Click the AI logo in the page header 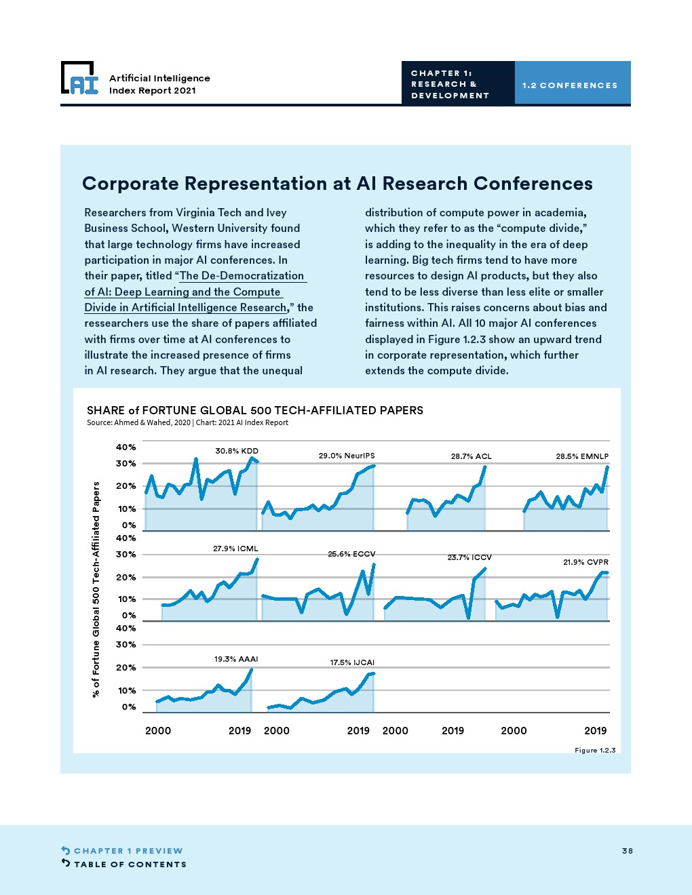click(x=80, y=78)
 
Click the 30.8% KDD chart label click(x=237, y=451)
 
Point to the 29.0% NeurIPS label click(x=347, y=456)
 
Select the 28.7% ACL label click(x=471, y=456)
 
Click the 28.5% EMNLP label click(x=582, y=456)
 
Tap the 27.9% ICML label click(x=235, y=549)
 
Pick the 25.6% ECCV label click(x=351, y=555)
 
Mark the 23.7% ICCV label click(x=470, y=557)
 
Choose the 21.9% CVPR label click(x=585, y=562)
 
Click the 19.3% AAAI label click(x=235, y=659)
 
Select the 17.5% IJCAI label click(x=352, y=662)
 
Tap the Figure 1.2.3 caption click(x=595, y=751)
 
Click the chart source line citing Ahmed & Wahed click(x=187, y=422)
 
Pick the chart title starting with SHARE click(x=254, y=410)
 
